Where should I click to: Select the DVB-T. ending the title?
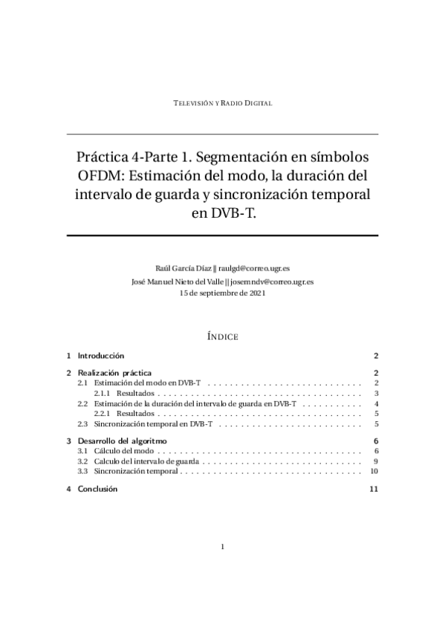pos(223,214)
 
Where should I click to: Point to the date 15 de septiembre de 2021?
pos(222,293)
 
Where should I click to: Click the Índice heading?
pos(222,337)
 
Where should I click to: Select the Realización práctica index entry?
pos(114,372)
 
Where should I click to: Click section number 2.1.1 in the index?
pos(102,393)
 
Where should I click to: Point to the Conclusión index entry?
pos(97,489)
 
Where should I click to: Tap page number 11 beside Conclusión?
pos(374,489)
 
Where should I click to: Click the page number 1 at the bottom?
pos(222,547)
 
